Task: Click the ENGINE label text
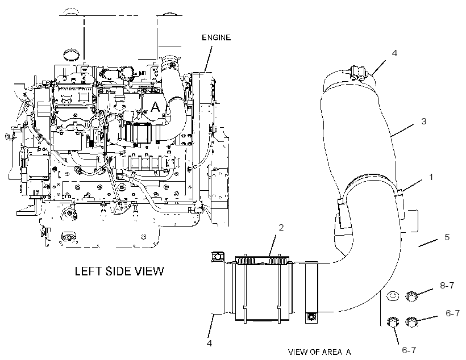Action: pyautogui.click(x=216, y=37)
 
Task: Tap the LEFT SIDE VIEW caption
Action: pyautogui.click(x=119, y=271)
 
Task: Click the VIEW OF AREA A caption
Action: pyautogui.click(x=319, y=352)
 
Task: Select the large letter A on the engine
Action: pyautogui.click(x=155, y=107)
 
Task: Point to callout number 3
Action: pyautogui.click(x=424, y=121)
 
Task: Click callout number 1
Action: pyautogui.click(x=431, y=177)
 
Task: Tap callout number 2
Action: pyautogui.click(x=281, y=228)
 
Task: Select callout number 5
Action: pyautogui.click(x=447, y=237)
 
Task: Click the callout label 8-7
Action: pyautogui.click(x=447, y=285)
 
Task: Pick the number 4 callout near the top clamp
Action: pyautogui.click(x=394, y=53)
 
